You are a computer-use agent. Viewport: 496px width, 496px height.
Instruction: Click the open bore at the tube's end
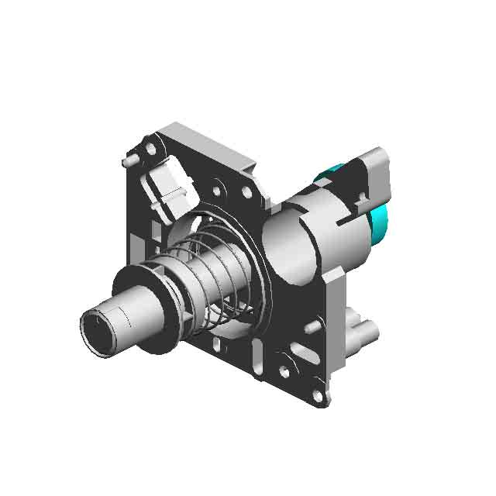pos(98,331)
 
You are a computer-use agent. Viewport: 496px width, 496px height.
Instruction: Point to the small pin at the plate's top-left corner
pos(127,162)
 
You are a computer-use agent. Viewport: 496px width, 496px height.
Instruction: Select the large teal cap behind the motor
pos(380,225)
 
